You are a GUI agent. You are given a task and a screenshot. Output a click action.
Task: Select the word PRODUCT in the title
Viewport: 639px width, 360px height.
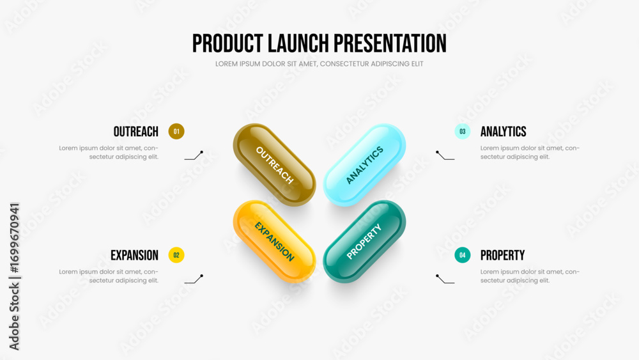227,43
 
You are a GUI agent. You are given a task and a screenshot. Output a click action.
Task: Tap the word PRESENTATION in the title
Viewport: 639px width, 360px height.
390,43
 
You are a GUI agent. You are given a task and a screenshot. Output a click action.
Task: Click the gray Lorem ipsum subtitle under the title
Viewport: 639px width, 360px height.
319,64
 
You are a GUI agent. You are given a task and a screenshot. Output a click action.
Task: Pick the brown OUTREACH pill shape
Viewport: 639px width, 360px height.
274,165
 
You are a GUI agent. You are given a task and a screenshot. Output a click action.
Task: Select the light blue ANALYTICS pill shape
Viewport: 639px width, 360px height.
364,165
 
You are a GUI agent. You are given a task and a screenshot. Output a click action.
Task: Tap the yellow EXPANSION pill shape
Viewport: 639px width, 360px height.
274,241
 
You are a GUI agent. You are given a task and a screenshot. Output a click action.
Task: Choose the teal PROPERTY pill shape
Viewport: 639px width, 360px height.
364,241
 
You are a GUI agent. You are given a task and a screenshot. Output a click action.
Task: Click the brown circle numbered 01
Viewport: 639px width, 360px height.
176,131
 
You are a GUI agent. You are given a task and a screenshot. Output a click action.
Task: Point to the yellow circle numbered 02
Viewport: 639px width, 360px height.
176,254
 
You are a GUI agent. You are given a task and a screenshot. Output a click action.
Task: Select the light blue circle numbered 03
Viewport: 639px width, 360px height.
463,131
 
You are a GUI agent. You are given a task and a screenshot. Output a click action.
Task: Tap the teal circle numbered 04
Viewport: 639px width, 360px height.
463,254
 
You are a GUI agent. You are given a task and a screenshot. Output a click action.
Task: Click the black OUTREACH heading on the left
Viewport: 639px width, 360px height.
135,132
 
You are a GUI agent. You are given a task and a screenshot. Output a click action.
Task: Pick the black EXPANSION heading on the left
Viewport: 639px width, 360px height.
134,255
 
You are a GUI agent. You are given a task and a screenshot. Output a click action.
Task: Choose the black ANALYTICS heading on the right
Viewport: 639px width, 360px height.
504,132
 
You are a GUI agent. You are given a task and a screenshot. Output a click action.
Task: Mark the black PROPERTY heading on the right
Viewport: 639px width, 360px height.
502,255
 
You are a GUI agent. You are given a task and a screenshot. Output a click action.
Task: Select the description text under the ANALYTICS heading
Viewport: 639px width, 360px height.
530,152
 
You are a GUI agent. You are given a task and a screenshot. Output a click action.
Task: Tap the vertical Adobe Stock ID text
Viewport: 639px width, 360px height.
14,276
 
